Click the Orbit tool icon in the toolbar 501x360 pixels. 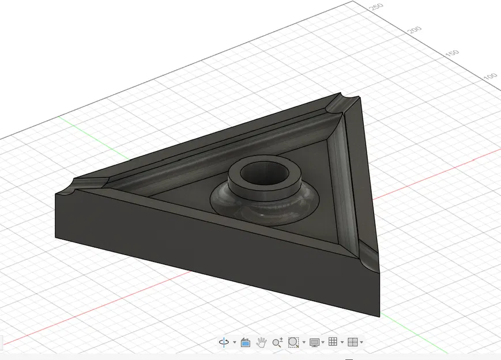click(224, 342)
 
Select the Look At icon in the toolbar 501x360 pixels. click(245, 342)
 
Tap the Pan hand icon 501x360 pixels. click(261, 342)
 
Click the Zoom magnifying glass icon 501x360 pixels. click(277, 342)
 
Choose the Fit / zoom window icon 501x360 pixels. click(293, 342)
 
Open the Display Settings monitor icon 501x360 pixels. click(314, 342)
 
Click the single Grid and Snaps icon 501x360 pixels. click(333, 342)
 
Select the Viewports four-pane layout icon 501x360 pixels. click(353, 342)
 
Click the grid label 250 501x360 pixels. click(376, 7)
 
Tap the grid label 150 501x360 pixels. click(453, 53)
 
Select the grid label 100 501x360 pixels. click(490, 77)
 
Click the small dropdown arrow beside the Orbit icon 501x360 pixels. click(235, 343)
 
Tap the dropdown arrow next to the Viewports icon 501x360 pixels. click(361, 343)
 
